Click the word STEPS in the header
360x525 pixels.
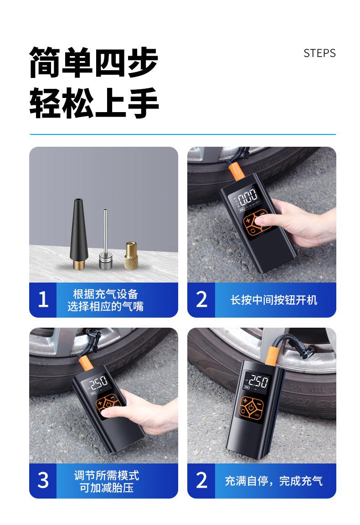pos(319,53)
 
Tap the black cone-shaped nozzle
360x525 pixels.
pos(79,233)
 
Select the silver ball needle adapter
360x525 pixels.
pos(105,238)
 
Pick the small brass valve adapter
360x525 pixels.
pos(131,255)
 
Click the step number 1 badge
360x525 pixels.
pos(43,299)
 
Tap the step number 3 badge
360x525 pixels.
pos(43,480)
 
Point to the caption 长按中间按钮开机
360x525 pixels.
pos(273,300)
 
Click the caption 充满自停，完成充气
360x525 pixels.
pos(273,481)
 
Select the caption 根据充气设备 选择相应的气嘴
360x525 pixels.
pos(105,300)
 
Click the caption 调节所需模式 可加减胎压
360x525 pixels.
pos(107,481)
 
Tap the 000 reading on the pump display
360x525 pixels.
pos(247,195)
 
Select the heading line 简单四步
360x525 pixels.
pos(93,62)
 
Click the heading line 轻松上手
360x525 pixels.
pos(94,103)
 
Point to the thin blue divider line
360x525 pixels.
pos(183,134)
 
